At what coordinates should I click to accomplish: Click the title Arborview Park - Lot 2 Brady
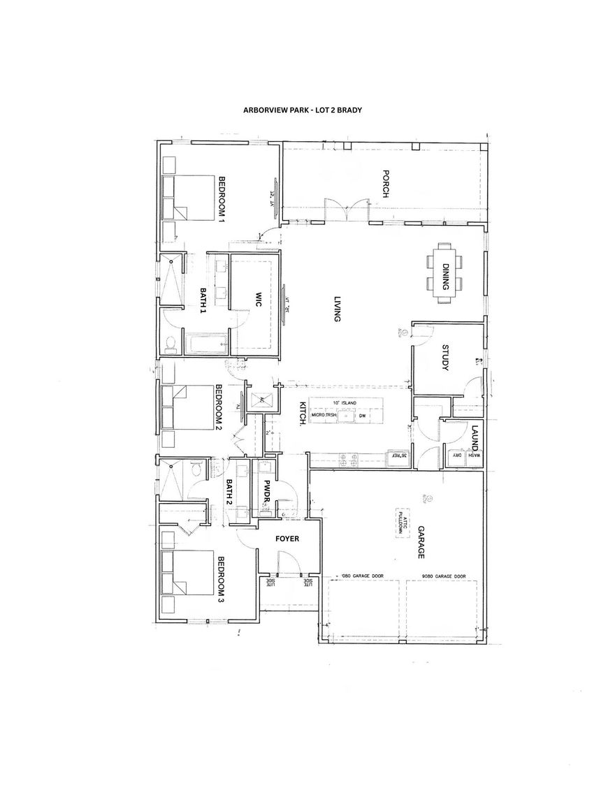(302, 110)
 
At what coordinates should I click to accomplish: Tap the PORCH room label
(385, 184)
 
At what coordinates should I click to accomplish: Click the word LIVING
(335, 307)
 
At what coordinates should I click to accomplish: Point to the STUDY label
(445, 358)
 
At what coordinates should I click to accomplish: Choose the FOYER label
(287, 539)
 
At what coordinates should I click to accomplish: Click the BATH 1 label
(203, 301)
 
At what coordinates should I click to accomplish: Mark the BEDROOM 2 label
(218, 407)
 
